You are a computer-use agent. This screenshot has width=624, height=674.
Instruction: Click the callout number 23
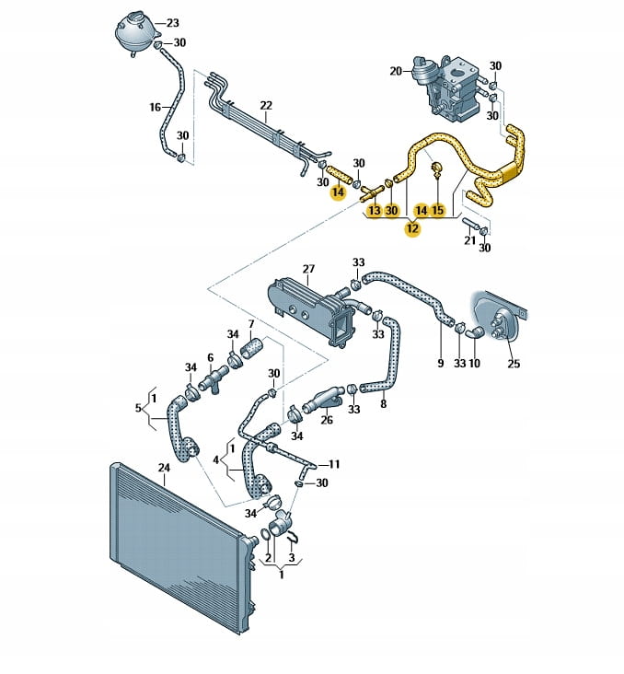pyautogui.click(x=173, y=23)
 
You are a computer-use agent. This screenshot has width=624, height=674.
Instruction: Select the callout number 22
pyautogui.click(x=266, y=104)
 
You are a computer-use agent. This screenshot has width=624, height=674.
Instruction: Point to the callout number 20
pyautogui.click(x=396, y=71)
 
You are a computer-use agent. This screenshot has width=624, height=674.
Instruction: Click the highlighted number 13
pyautogui.click(x=374, y=211)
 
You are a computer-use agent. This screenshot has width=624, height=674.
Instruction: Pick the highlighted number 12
pyautogui.click(x=411, y=229)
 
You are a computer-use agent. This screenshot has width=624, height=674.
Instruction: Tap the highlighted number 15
pyautogui.click(x=437, y=211)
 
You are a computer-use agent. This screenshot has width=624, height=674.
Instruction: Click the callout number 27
pyautogui.click(x=309, y=270)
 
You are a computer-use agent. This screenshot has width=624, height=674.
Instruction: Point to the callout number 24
pyautogui.click(x=164, y=468)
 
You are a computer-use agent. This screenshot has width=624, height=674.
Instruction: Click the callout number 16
pyautogui.click(x=156, y=108)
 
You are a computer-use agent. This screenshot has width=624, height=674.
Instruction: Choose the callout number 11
pyautogui.click(x=334, y=464)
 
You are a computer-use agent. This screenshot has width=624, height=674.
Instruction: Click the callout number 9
pyautogui.click(x=440, y=364)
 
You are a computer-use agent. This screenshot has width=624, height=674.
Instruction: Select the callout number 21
pyautogui.click(x=470, y=241)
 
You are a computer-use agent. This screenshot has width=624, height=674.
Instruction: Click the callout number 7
pyautogui.click(x=249, y=324)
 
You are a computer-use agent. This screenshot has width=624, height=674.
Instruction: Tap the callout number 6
pyautogui.click(x=210, y=357)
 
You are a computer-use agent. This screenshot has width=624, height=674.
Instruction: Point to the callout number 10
pyautogui.click(x=474, y=364)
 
